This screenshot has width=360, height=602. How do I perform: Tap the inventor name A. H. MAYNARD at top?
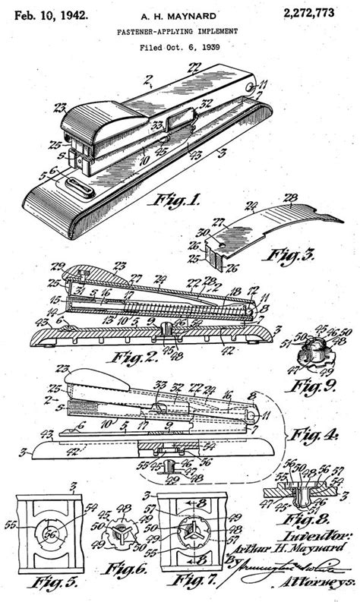coord(180,15)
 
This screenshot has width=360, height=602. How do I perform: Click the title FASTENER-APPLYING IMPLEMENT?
coord(179,32)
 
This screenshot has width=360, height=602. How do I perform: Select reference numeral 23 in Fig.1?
coord(58,109)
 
